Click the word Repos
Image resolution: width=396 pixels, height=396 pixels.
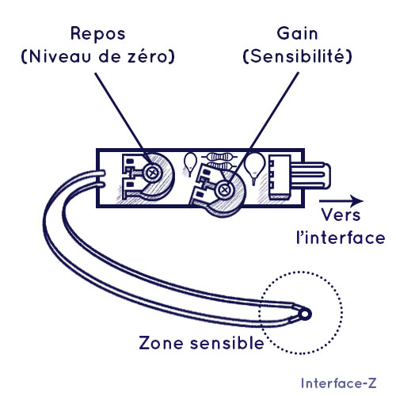pos(98,34)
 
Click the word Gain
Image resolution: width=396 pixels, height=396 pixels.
pos(297,33)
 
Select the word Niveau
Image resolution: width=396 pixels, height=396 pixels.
pos(59,56)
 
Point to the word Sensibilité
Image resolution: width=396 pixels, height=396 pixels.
pos(298,55)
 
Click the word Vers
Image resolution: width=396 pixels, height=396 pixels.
pos(341,215)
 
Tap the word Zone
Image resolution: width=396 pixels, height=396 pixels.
pos(161,343)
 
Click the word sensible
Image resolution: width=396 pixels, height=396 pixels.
pos(227,342)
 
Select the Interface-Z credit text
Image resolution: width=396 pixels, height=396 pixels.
pos(338,383)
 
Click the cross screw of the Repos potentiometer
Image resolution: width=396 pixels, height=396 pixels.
pos(152,173)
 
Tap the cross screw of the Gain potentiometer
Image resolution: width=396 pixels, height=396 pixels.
pos(225,189)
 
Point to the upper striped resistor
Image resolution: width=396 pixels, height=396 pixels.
pos(219,158)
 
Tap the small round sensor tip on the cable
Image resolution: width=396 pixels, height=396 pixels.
pos(305,314)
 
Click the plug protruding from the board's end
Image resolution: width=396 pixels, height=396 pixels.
pos(310,176)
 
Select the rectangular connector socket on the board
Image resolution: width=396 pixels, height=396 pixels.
pos(280,177)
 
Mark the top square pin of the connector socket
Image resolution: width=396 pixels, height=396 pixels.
pos(272,163)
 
